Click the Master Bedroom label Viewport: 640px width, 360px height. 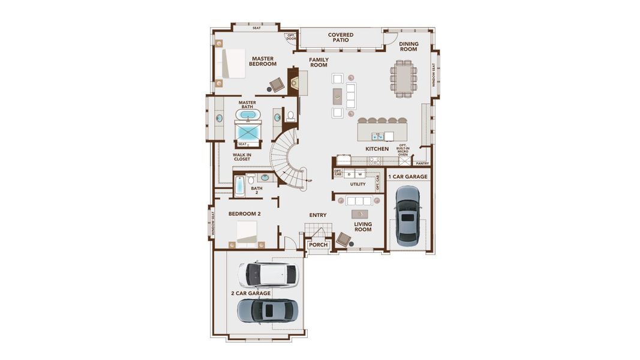pyautogui.click(x=262, y=61)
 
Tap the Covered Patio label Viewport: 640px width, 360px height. pyautogui.click(x=340, y=38)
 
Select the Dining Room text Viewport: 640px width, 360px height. pyautogui.click(x=408, y=47)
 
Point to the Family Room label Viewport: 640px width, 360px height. pyautogui.click(x=319, y=62)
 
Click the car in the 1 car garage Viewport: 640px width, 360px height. pyautogui.click(x=408, y=214)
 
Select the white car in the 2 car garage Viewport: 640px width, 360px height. pyautogui.click(x=267, y=274)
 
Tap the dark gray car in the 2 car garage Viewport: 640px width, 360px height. pyautogui.click(x=267, y=310)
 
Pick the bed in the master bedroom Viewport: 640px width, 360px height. pyautogui.click(x=234, y=63)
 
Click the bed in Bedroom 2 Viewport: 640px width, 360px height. pyautogui.click(x=247, y=233)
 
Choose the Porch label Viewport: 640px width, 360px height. pyautogui.click(x=318, y=245)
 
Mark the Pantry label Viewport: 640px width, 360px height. pyautogui.click(x=422, y=163)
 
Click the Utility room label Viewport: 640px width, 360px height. pyautogui.click(x=357, y=185)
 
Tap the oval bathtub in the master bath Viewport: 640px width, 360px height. pyautogui.click(x=248, y=115)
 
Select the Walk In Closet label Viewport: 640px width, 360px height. pyautogui.click(x=242, y=157)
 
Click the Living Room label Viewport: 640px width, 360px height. pyautogui.click(x=363, y=227)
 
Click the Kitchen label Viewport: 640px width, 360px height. pyautogui.click(x=377, y=149)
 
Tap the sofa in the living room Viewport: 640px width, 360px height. pyautogui.click(x=359, y=200)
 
